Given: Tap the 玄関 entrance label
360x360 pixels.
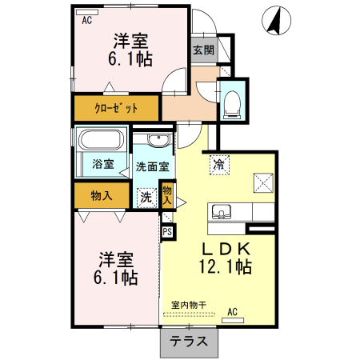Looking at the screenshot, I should (x=203, y=50).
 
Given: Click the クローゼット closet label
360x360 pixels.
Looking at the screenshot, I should (x=117, y=108).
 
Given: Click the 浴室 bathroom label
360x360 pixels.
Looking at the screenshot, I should (x=102, y=165).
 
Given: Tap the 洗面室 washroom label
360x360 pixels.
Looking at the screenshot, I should (x=151, y=167).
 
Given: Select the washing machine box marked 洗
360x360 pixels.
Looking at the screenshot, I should (x=146, y=197).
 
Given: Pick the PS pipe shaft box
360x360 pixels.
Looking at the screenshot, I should (x=167, y=231).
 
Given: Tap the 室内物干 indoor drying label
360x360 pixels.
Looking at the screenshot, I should (x=189, y=305).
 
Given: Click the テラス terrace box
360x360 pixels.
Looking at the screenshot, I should (x=190, y=341).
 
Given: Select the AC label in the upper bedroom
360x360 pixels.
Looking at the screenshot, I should (x=86, y=22).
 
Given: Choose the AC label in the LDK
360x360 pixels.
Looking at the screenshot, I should (x=233, y=311).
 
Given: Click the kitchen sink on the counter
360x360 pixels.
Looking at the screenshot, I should (x=220, y=212).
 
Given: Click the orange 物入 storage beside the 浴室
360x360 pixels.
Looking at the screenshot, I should (x=101, y=195).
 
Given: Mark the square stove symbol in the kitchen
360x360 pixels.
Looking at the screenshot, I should (x=262, y=182).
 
